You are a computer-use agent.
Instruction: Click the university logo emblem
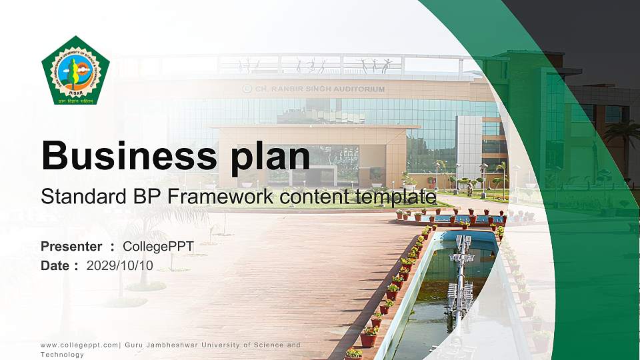[75, 71]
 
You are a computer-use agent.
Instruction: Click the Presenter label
[71, 247]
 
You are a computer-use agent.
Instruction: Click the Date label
[55, 265]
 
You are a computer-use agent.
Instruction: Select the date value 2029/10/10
[120, 265]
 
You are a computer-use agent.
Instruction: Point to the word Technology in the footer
[63, 355]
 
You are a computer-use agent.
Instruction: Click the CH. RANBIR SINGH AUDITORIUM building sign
[314, 89]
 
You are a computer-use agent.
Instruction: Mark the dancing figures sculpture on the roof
[313, 65]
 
